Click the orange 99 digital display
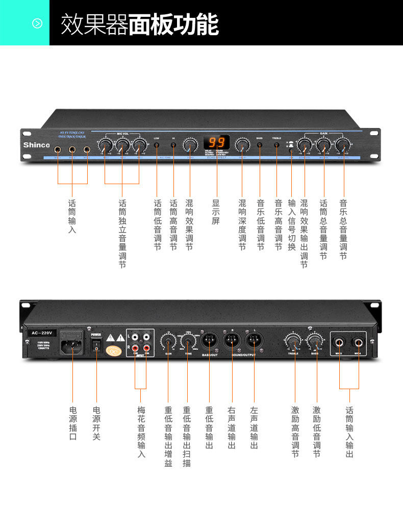(x=216, y=142)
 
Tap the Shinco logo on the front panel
(x=36, y=145)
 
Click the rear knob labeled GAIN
(x=168, y=340)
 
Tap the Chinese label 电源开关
(x=96, y=423)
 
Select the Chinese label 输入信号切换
(x=291, y=225)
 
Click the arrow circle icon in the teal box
(x=37, y=23)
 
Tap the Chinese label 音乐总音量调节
(x=343, y=229)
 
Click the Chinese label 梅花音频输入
(x=141, y=431)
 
